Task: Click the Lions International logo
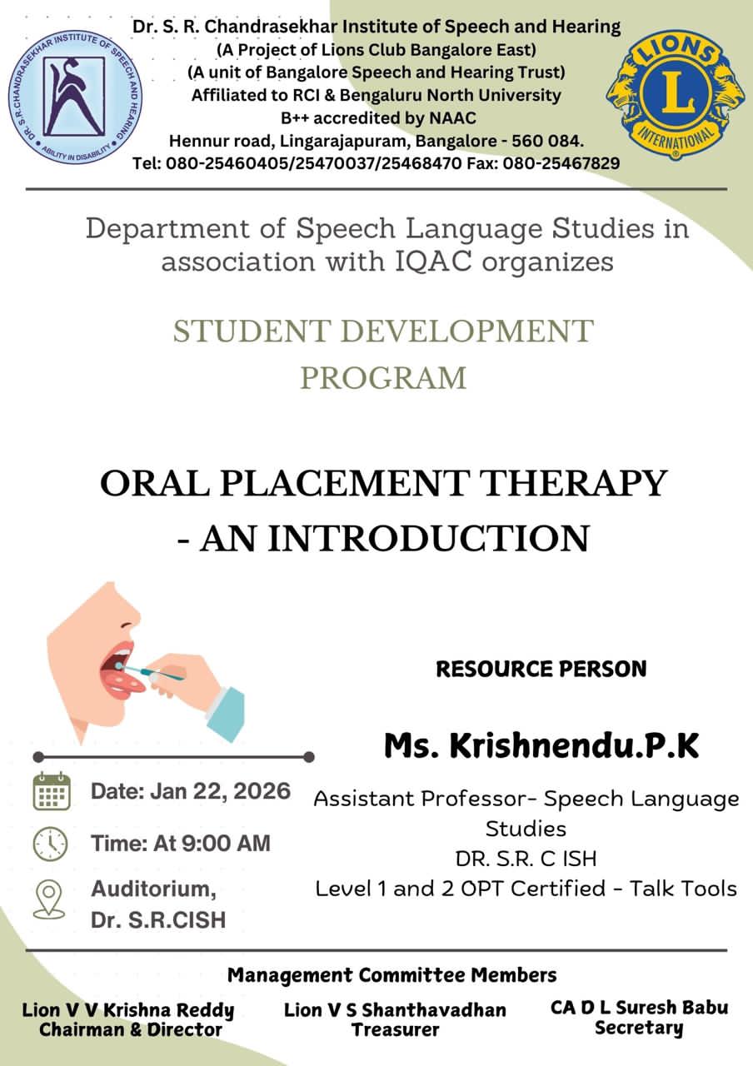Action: pos(676,94)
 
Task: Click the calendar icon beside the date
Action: pos(52,791)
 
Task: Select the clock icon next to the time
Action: pos(51,844)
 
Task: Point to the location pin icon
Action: pos(49,899)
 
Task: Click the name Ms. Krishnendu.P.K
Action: pos(541,745)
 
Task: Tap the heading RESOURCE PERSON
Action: pos(541,669)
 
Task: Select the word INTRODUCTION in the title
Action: pos(429,538)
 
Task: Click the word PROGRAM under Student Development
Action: pos(383,378)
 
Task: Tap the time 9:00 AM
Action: pos(226,844)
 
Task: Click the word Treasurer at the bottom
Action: pos(396,1029)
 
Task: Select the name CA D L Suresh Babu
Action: pos(639,1008)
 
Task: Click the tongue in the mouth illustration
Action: pos(125,684)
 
